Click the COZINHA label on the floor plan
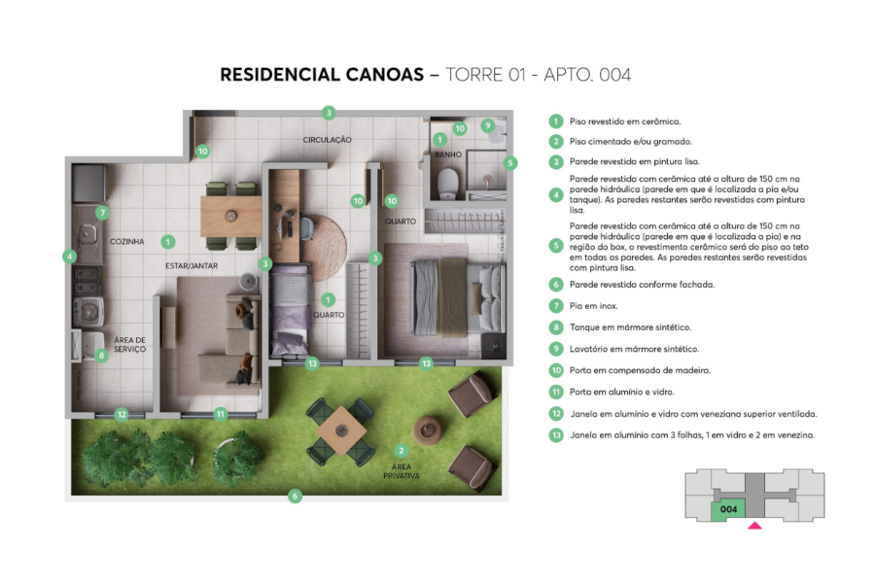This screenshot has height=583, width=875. pos(127,241)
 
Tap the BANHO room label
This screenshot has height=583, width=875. pos(448,154)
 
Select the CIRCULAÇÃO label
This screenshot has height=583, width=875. pos(327,140)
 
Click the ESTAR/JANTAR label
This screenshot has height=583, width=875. pos(191,264)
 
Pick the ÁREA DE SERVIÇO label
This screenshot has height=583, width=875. pos(130,344)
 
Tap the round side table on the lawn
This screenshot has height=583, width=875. pos(429,429)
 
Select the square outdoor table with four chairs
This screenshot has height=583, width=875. pos(340,429)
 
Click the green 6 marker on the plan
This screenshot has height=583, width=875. pos(296,496)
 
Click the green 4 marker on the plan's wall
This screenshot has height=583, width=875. pos(70,257)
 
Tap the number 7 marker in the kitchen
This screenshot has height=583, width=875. pos(102,212)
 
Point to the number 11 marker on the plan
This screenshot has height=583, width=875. pos(221,414)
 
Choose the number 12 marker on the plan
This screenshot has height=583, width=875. pos(122,414)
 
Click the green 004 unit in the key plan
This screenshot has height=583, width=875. pos(727,508)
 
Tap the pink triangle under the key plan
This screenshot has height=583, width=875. pos(754,526)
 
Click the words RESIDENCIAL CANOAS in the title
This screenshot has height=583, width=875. pos(321,75)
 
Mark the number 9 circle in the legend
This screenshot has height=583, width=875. pos(556,349)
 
